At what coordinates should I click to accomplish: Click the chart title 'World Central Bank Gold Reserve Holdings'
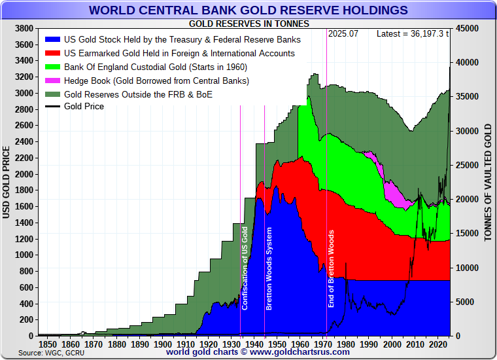click(248, 10)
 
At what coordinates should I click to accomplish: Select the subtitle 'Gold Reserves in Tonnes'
click(248, 24)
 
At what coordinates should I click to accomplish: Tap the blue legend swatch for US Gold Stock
click(52, 39)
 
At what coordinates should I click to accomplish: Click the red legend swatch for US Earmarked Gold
click(52, 53)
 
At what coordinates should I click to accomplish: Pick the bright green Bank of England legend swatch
click(52, 67)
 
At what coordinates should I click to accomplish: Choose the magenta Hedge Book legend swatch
click(52, 81)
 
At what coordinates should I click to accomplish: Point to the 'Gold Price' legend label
click(84, 106)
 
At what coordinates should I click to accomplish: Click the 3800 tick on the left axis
click(24, 29)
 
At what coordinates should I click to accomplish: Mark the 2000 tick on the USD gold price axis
click(24, 174)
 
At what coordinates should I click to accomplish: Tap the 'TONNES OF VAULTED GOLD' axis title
click(488, 182)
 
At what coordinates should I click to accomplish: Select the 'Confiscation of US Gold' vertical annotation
click(245, 268)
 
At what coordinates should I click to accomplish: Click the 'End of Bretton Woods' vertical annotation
click(331, 269)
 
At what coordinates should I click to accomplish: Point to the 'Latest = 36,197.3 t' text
click(413, 33)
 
